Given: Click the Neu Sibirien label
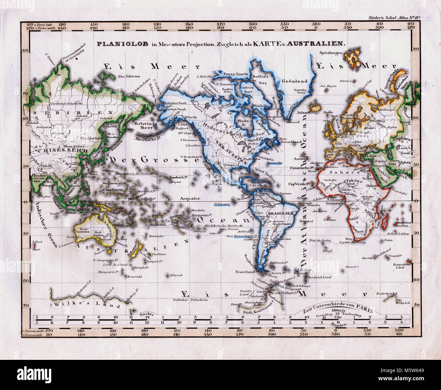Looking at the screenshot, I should [x=129, y=76].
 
